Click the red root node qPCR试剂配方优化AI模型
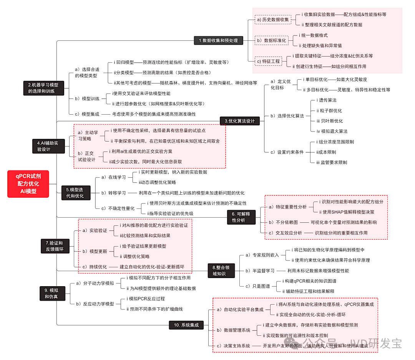coord(28,184)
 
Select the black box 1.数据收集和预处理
coord(218,40)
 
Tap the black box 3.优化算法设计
coord(239,121)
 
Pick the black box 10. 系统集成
coord(190,325)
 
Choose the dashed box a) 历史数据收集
coord(272,19)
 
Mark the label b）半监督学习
coord(260,271)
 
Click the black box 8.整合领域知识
coord(222,270)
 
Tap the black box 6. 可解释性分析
coord(241,217)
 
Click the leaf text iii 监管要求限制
coord(331,162)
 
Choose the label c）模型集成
coord(86,114)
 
